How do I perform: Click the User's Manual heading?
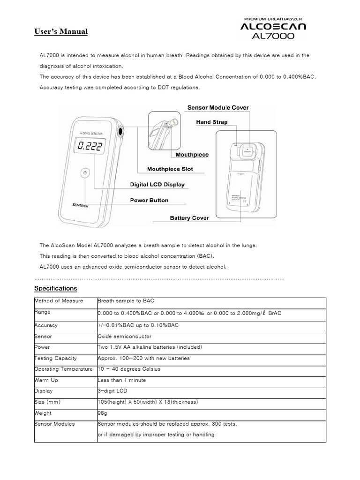click(x=61, y=32)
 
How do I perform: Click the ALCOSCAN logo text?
click(x=274, y=27)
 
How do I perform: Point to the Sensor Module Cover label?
click(x=218, y=107)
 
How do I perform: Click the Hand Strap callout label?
click(x=211, y=122)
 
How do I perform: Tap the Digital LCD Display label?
click(x=157, y=185)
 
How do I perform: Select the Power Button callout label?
click(x=149, y=200)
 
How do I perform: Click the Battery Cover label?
click(x=189, y=217)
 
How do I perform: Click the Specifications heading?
click(x=56, y=288)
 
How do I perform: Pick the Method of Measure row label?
click(x=59, y=300)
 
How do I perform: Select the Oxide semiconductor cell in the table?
click(x=124, y=336)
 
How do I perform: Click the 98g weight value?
click(x=103, y=413)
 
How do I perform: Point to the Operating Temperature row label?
click(x=63, y=369)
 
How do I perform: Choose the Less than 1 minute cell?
click(x=121, y=380)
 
